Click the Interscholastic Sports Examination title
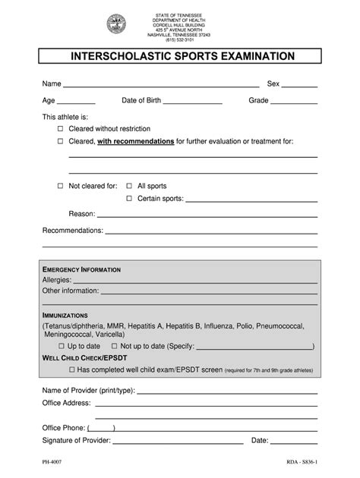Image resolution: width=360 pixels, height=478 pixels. [x=179, y=56]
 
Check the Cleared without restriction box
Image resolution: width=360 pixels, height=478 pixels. [x=61, y=130]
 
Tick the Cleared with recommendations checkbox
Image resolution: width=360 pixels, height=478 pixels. [x=61, y=142]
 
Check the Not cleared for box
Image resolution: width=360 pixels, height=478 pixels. [x=61, y=186]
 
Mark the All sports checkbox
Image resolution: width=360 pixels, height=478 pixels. [x=129, y=186]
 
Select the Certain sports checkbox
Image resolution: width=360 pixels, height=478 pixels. [x=129, y=199]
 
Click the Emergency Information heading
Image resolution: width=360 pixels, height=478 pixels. [x=81, y=270]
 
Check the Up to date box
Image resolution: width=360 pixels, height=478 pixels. [x=61, y=346]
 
